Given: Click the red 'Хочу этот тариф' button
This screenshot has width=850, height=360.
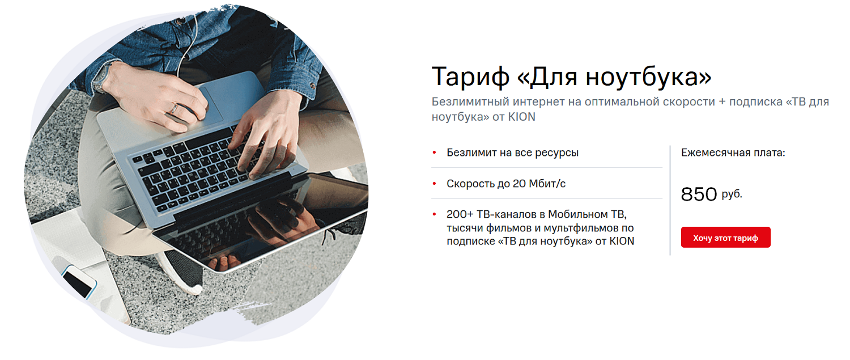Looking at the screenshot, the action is tap(725, 238).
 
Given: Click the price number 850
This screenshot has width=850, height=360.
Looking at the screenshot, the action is tap(699, 194).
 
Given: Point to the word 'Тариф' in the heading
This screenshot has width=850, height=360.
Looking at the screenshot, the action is tap(470, 77).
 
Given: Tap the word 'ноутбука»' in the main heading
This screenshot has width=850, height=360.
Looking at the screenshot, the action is tap(648, 77).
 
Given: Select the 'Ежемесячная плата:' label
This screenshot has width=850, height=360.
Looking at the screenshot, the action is tap(733, 153).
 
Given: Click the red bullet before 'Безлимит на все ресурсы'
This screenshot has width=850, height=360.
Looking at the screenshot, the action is tap(435, 153).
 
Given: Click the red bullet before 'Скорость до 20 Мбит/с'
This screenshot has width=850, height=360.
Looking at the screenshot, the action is tap(435, 184).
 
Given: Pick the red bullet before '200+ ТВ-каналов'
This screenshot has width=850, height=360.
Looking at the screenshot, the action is tap(435, 214).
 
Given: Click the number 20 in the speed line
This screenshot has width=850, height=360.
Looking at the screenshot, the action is tap(519, 184).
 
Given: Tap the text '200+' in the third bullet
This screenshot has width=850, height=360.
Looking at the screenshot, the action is tap(460, 214).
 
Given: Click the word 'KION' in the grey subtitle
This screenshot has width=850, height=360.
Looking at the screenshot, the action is tap(522, 117).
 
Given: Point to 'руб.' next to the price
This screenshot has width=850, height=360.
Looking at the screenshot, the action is tap(732, 194).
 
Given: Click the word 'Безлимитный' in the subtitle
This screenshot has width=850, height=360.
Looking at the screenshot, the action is tap(470, 102).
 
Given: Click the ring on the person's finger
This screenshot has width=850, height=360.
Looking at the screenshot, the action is tap(174, 109).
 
